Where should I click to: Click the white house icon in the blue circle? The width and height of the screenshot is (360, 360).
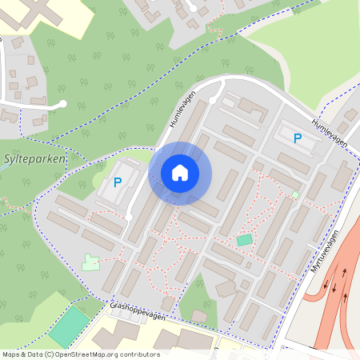coord(180,172)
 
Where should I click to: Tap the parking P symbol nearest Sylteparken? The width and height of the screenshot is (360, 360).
coord(118,182)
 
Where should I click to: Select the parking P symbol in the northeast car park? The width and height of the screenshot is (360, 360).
coord(298,138)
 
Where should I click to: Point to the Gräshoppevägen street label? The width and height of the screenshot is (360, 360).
coord(137,314)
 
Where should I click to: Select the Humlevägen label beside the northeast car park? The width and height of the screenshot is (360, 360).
coord(330,130)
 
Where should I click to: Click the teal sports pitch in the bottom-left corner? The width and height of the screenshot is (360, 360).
coord(70,326)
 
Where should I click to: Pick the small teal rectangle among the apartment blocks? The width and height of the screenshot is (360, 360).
coord(244,240)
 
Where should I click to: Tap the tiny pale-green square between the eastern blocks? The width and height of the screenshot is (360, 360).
coord(295,194)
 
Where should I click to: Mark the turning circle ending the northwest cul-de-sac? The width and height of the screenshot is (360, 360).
coord(62,104)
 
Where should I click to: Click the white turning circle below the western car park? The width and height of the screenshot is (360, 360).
coord(128,217)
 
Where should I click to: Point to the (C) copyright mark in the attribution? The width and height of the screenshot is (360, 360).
coord(50,354)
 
